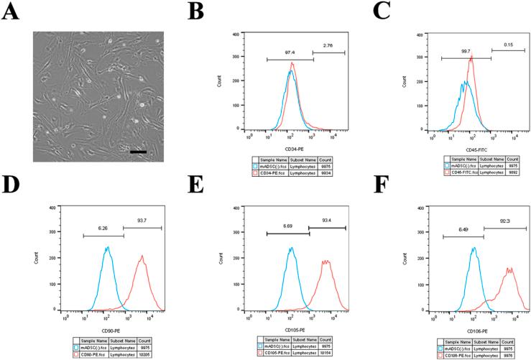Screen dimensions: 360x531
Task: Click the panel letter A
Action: point(11,14)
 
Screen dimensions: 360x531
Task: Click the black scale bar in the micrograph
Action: point(139,152)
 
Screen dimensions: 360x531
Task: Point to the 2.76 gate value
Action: point(328,45)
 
